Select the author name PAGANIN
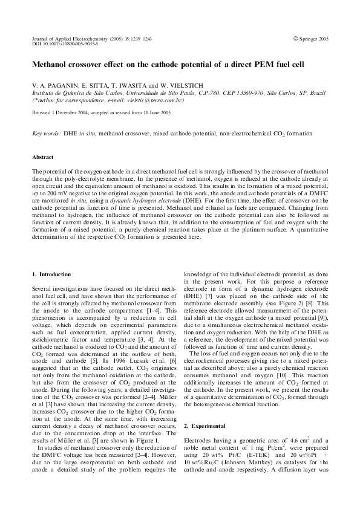tap(60, 86)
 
